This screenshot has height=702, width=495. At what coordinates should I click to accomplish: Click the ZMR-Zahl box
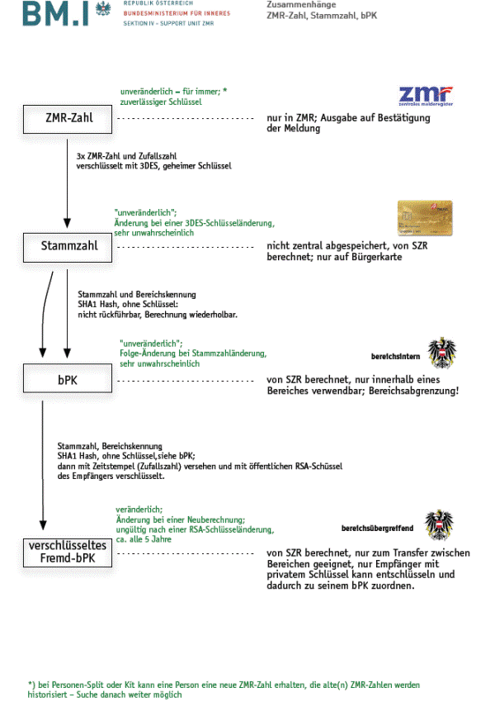click(x=68, y=118)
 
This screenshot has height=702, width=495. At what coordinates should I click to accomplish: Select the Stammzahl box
click(x=69, y=245)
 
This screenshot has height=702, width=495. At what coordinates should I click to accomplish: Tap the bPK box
click(x=69, y=380)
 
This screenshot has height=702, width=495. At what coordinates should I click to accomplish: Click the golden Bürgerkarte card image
click(x=425, y=216)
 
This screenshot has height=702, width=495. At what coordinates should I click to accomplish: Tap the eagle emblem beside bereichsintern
click(x=442, y=351)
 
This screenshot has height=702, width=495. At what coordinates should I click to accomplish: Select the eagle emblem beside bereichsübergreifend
click(x=439, y=525)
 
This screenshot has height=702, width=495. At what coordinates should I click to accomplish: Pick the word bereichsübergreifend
click(x=377, y=527)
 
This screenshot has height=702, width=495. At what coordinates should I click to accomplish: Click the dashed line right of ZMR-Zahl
click(x=185, y=119)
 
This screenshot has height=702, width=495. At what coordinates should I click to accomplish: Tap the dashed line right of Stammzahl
click(x=185, y=246)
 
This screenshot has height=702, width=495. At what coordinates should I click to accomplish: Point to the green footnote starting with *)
click(x=223, y=690)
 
